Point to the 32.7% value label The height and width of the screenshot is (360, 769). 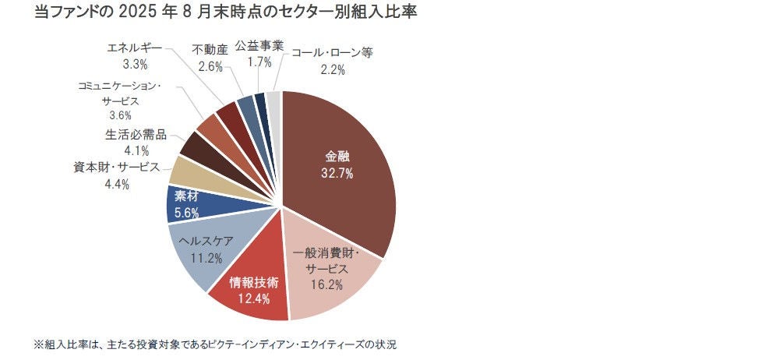click(x=337, y=173)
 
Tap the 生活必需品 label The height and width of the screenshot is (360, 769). click(x=136, y=134)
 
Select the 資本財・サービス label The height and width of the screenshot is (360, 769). click(x=117, y=168)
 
